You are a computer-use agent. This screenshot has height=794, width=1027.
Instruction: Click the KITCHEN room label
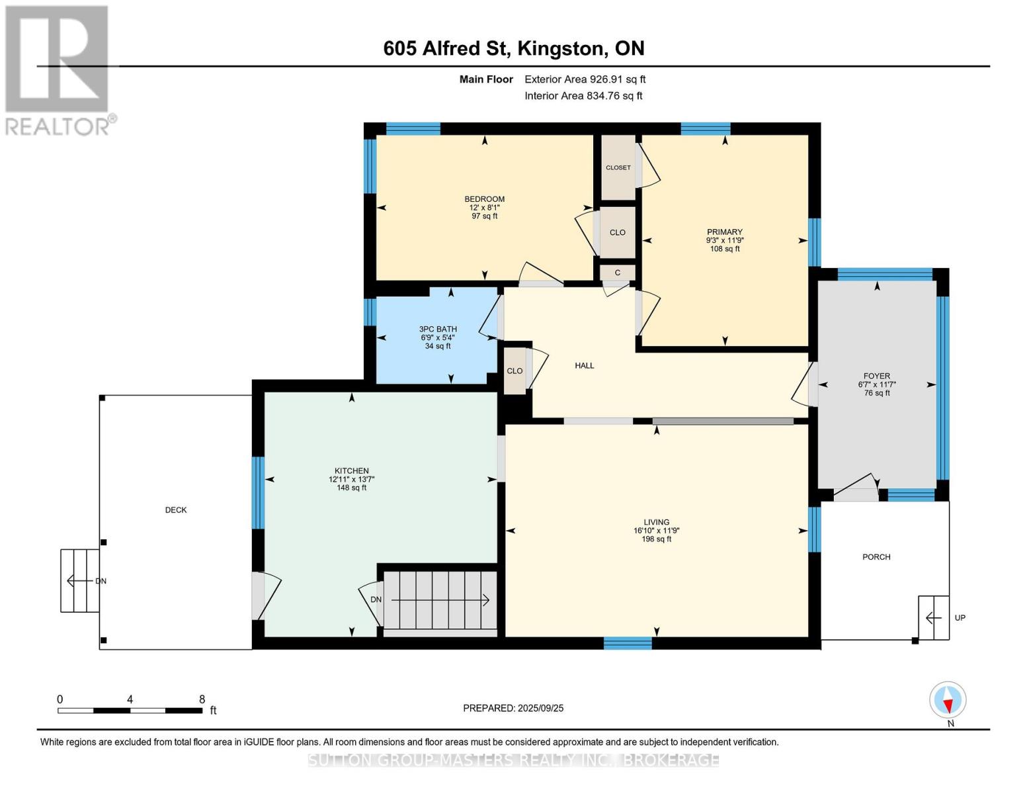point(352,471)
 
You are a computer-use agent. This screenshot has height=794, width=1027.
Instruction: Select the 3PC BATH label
point(438,329)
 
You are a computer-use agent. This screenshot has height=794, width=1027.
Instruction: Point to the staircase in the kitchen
point(440,600)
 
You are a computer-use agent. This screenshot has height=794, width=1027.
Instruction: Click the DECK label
point(176,509)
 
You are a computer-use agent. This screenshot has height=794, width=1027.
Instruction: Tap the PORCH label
point(876,557)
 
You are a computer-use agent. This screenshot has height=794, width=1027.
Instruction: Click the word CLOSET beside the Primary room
point(618,167)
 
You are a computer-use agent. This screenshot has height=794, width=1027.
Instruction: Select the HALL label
point(585,365)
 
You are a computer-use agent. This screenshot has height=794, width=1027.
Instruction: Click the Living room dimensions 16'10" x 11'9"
point(657,531)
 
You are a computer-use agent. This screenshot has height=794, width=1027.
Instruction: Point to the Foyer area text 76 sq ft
point(877,393)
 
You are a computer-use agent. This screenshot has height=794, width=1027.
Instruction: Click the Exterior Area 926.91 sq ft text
point(585,79)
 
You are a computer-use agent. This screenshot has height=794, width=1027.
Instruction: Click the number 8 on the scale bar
point(202,699)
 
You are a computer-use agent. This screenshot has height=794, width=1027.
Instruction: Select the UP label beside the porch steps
point(960,617)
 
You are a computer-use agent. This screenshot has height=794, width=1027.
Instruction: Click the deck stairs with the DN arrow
point(80,581)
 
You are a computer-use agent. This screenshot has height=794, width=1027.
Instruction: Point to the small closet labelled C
point(617,273)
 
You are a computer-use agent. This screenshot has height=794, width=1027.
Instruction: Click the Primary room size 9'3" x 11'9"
point(725,240)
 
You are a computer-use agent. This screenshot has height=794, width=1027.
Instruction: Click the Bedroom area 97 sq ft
point(485,216)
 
